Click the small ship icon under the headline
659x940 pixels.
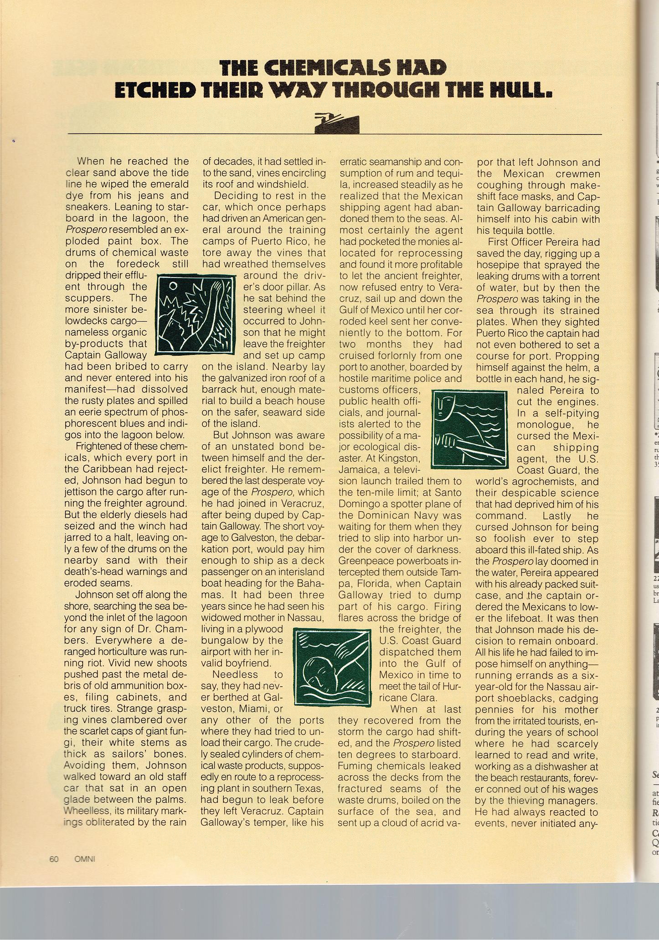[337, 123]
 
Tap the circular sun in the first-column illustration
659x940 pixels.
[173, 286]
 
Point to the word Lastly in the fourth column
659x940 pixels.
[557, 515]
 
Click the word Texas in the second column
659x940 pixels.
[311, 789]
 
